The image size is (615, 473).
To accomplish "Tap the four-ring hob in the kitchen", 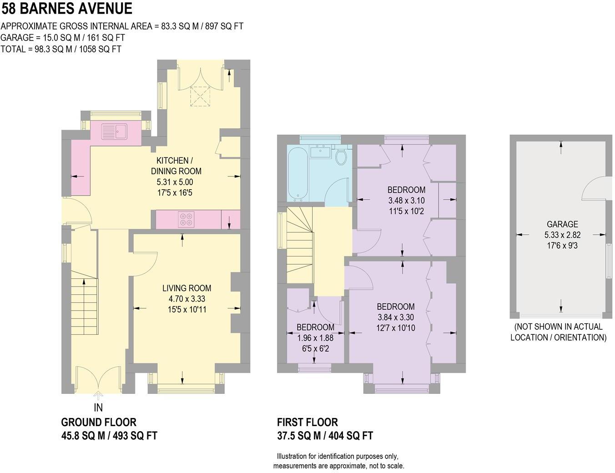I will coord(186,220).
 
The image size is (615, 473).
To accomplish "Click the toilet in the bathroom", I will coord(341,156).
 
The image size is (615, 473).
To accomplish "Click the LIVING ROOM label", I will coord(187,288).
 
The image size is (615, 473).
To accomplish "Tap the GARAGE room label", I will coord(562,224).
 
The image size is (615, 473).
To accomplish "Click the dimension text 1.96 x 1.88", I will coord(315,338).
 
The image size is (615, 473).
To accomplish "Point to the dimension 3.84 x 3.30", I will coord(396,317).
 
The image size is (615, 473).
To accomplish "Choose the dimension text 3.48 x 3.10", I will coord(406,201).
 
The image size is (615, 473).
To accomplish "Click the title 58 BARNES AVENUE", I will coord(67,8).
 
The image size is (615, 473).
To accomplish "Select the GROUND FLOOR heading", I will coord(99,422).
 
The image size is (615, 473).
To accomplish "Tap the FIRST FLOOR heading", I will coord(307,422).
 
